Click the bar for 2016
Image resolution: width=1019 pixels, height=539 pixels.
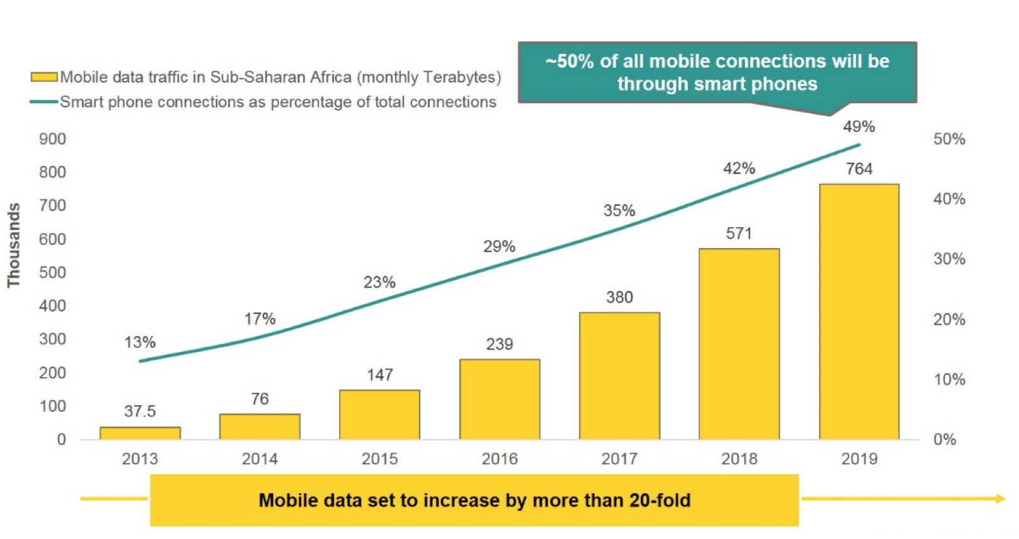pos(499,399)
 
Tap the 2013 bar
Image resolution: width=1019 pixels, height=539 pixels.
pos(140,433)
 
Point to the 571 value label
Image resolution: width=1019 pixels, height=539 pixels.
pos(739,234)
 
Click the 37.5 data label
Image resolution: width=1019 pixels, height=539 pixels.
pos(140,411)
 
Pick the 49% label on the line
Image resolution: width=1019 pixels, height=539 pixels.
pos(859,127)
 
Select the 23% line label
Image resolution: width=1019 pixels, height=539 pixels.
pos(379,283)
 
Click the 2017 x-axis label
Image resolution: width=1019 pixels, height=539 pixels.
pos(619,459)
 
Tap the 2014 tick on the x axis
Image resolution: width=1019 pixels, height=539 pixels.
pos(259,459)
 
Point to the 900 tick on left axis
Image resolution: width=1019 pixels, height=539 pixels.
pos(53,139)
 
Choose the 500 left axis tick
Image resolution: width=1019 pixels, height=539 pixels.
pos(53,273)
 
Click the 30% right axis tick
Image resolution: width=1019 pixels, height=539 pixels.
pos(949,259)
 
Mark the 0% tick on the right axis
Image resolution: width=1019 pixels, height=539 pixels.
pos(945,440)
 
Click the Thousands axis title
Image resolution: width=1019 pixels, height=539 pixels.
pos(14,245)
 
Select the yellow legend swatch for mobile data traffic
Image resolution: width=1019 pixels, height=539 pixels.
pos(44,77)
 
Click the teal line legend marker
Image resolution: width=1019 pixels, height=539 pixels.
pos(44,102)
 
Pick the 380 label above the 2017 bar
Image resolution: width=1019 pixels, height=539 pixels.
pos(619,298)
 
